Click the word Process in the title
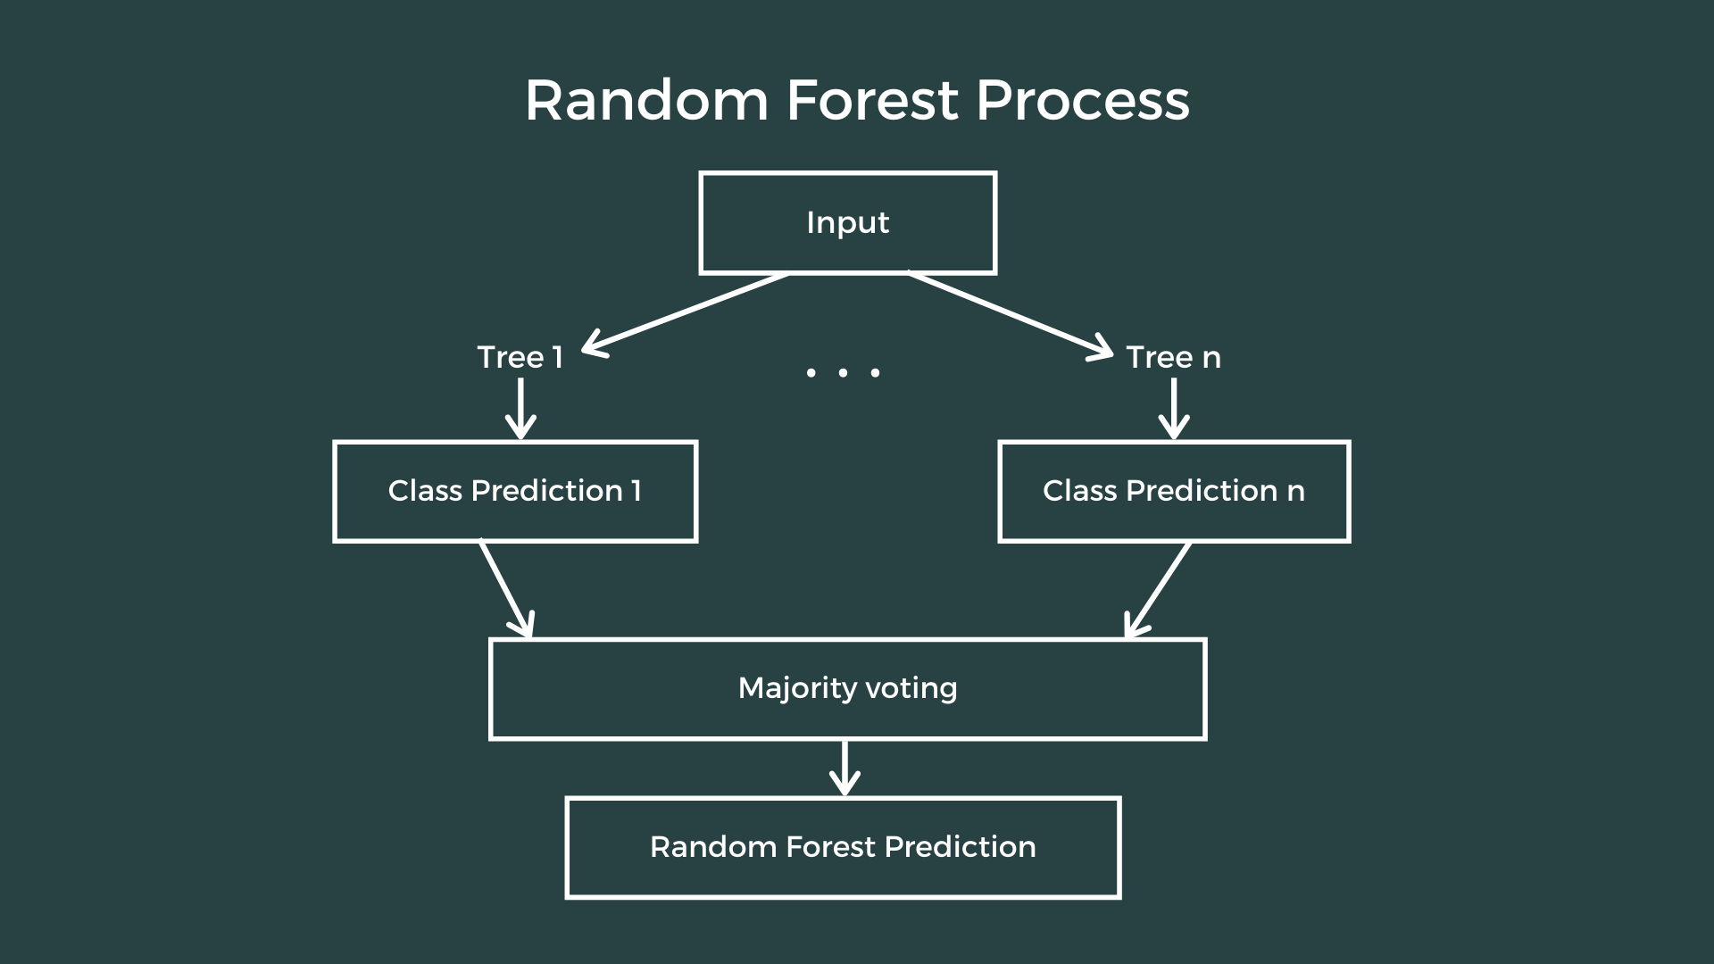tap(1082, 100)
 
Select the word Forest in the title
tap(872, 100)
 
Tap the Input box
tap(847, 223)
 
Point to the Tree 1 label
tap(520, 357)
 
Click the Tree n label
tap(1173, 357)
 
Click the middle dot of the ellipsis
tap(843, 372)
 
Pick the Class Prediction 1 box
tap(515, 491)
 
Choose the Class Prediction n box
tap(1174, 491)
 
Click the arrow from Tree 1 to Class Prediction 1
tap(520, 409)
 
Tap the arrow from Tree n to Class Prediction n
tap(1173, 409)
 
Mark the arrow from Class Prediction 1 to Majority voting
tap(506, 589)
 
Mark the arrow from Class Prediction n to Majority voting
tap(1158, 590)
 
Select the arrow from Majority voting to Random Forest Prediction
tap(845, 769)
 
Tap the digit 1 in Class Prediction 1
tap(636, 491)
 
